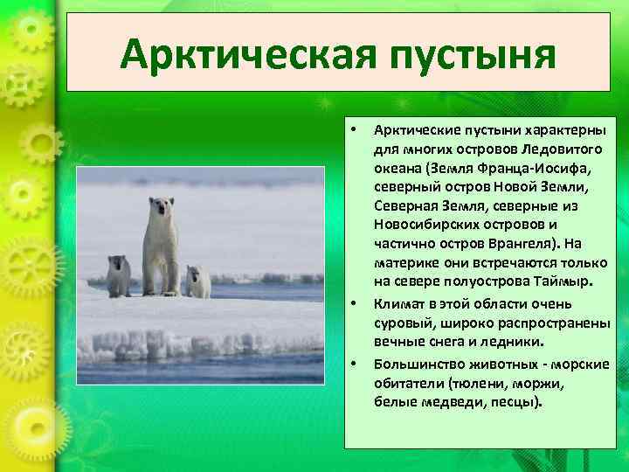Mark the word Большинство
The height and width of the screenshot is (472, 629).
coord(418,362)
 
